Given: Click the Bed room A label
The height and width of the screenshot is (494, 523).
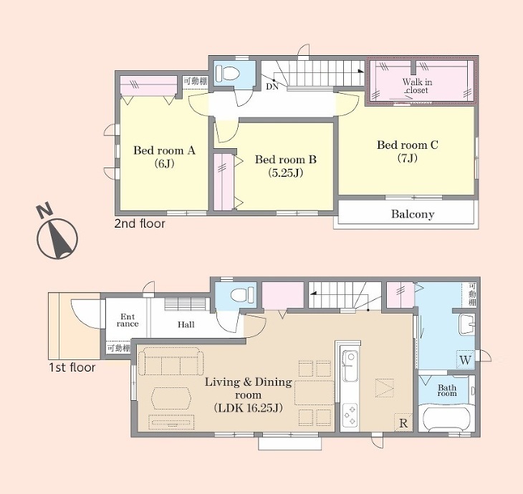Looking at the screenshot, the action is [x=164, y=150].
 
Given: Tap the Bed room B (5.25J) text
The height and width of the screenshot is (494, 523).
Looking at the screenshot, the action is [x=286, y=166].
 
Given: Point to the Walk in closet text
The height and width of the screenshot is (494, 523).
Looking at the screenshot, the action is [x=417, y=86].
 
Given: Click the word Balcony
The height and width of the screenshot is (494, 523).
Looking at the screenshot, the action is [x=413, y=214].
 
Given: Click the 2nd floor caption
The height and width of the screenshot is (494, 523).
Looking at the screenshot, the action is [x=140, y=223].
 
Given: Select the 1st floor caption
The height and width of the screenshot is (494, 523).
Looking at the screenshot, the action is [x=72, y=367].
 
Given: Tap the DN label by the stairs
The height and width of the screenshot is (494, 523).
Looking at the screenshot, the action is [x=272, y=87].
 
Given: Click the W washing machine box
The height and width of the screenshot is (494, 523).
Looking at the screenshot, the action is [x=465, y=359].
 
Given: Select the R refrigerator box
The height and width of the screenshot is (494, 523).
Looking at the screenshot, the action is [x=403, y=422].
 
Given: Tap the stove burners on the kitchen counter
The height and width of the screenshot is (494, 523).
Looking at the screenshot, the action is [x=350, y=415].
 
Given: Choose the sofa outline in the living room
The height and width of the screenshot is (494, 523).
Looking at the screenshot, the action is [x=171, y=362].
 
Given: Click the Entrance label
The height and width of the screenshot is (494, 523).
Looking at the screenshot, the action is [x=128, y=320].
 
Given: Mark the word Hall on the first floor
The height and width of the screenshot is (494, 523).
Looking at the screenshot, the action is [x=186, y=324].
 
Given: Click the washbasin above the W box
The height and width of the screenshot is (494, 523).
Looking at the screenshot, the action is [x=466, y=324].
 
